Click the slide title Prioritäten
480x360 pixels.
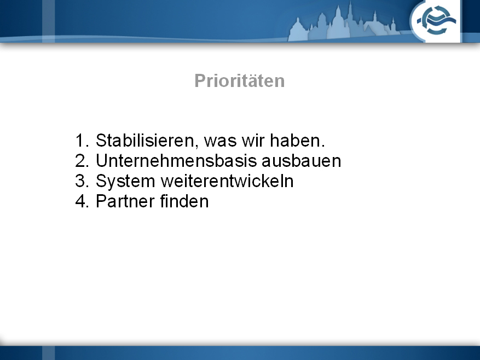(239, 81)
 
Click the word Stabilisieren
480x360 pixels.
(145, 141)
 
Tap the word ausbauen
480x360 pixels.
(301, 161)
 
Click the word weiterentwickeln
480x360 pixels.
(227, 181)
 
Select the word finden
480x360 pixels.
(184, 201)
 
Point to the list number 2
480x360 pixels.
(82, 161)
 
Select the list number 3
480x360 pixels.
(82, 181)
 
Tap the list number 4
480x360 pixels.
(82, 201)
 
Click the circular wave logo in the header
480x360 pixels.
(435, 21)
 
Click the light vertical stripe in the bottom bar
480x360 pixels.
(48, 353)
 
